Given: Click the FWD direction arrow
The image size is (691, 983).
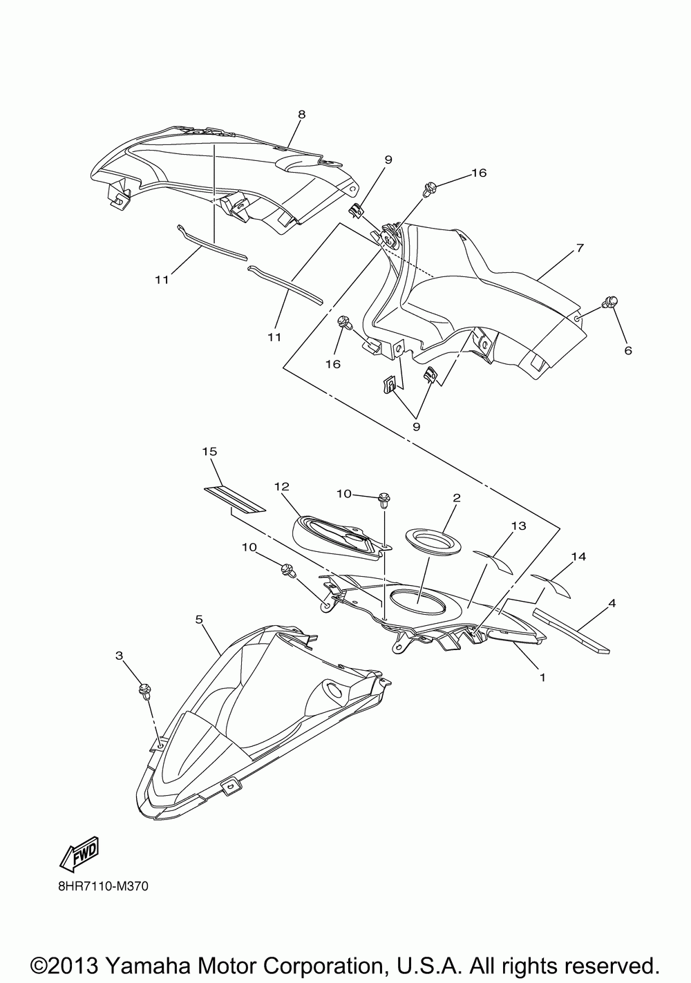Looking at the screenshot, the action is (x=79, y=854).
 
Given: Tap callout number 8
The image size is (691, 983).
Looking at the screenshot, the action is (x=301, y=115).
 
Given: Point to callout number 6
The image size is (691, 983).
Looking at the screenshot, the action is (x=627, y=351).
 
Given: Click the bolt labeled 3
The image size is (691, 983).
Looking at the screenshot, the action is (x=145, y=690).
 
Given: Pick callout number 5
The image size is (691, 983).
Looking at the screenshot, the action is (x=199, y=620).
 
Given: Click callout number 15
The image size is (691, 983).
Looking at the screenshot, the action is (x=209, y=451).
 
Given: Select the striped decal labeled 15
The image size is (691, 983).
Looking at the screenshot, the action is (x=235, y=499).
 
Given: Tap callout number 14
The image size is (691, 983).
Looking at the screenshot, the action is (x=578, y=556).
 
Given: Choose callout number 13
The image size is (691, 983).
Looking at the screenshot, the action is (x=518, y=526).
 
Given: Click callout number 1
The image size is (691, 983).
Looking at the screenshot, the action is (x=542, y=678).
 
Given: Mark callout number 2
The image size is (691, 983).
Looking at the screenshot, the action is (x=457, y=497).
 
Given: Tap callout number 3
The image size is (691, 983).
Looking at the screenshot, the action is (x=119, y=654).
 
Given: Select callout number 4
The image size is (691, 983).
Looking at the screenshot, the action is (x=612, y=603).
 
